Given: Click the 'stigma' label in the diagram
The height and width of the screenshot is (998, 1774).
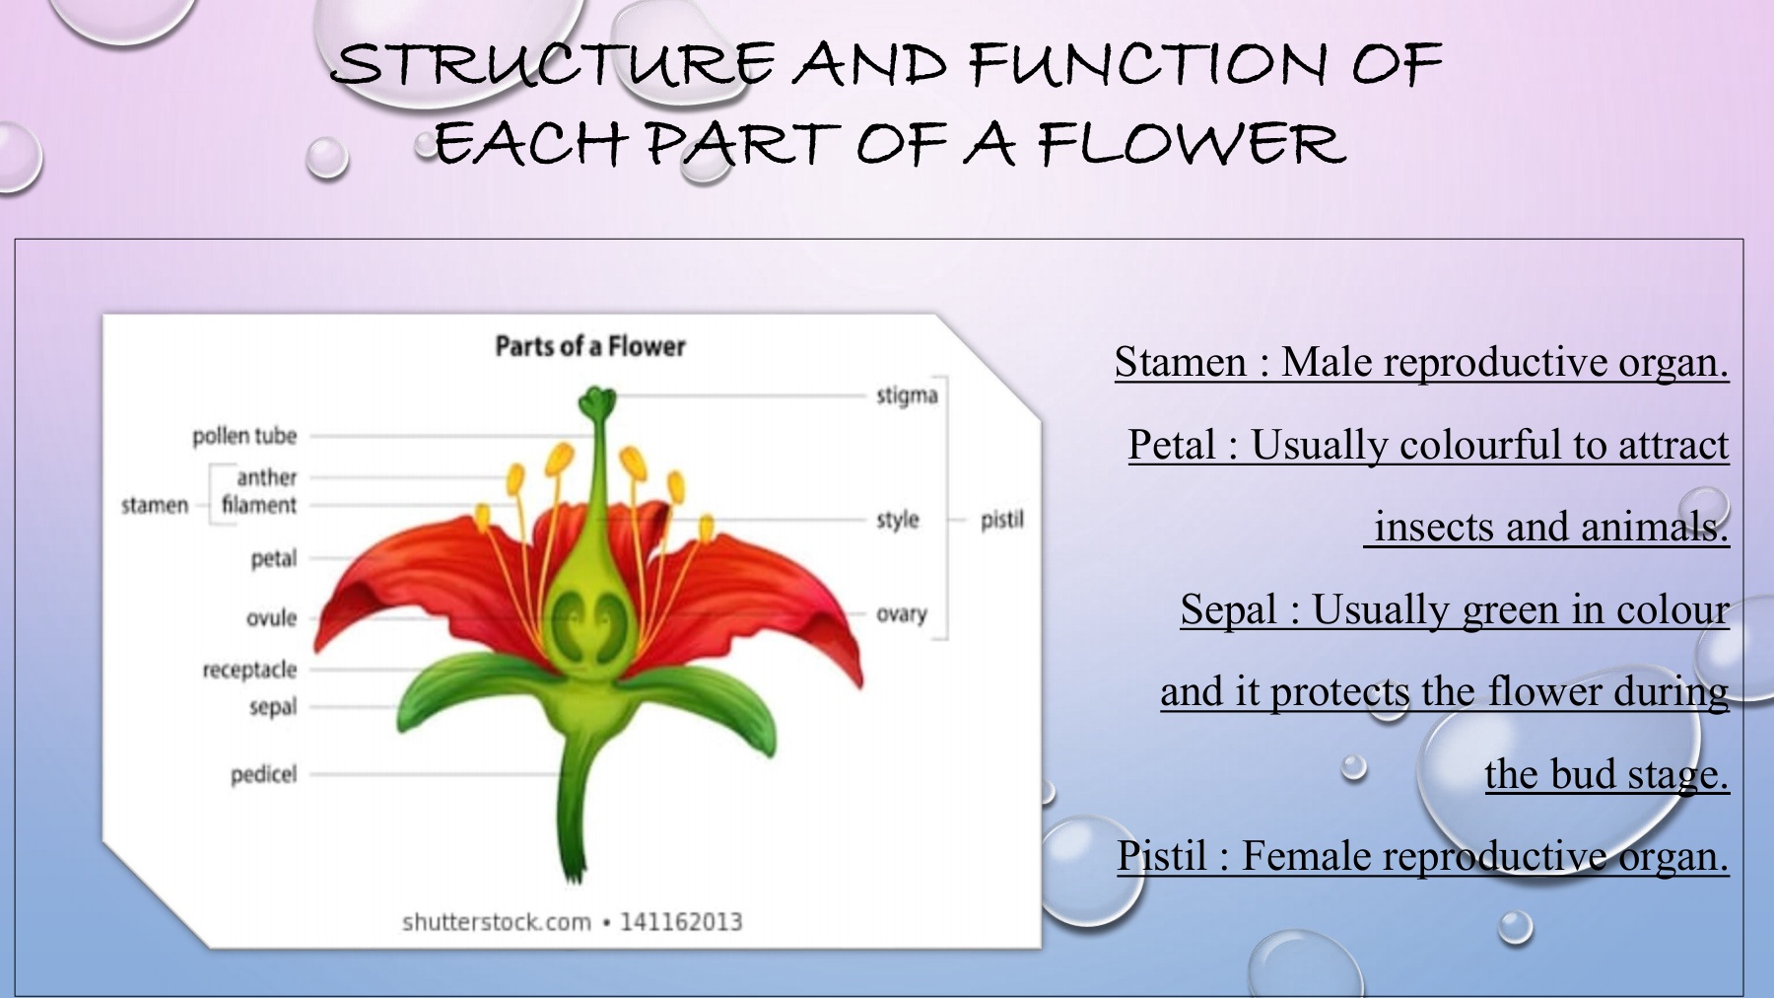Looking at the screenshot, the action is pyautogui.click(x=907, y=396).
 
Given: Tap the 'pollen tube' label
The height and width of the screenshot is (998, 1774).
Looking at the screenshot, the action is pyautogui.click(x=244, y=436).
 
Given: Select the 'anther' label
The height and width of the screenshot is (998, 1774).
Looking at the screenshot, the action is pyautogui.click(x=266, y=477).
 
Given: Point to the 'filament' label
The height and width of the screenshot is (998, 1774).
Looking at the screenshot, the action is pyautogui.click(x=258, y=505).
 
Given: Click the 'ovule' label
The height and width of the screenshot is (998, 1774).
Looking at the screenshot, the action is pyautogui.click(x=271, y=618).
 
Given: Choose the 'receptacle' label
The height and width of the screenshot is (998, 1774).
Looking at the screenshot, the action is pyautogui.click(x=249, y=671).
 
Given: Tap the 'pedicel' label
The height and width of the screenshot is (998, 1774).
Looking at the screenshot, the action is pyautogui.click(x=263, y=775).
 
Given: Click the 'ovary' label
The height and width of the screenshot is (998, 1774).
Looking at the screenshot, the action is pyautogui.click(x=902, y=614).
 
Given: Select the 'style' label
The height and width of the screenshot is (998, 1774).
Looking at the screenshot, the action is pyautogui.click(x=898, y=520).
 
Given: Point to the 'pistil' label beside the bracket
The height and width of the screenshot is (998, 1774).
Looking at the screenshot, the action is pyautogui.click(x=1002, y=520).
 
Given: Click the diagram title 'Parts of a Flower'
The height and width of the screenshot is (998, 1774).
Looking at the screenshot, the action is pyautogui.click(x=590, y=346).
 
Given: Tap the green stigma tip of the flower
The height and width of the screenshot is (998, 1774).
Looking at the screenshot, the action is pyautogui.click(x=596, y=401).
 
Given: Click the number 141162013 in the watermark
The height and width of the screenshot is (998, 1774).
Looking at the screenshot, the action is pyautogui.click(x=681, y=922).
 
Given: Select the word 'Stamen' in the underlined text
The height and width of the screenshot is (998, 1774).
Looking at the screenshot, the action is pyautogui.click(x=1181, y=362).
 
